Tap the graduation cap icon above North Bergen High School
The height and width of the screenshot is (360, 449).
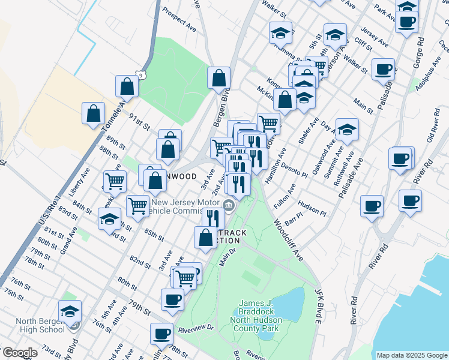point(70,311)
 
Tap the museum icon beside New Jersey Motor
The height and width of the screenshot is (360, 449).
point(228,206)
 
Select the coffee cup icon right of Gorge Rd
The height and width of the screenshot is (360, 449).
point(407,22)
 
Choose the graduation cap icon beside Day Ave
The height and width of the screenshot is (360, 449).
point(346,128)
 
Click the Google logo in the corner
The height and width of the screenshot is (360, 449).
point(19,353)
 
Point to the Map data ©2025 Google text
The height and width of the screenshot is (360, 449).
point(412,355)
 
